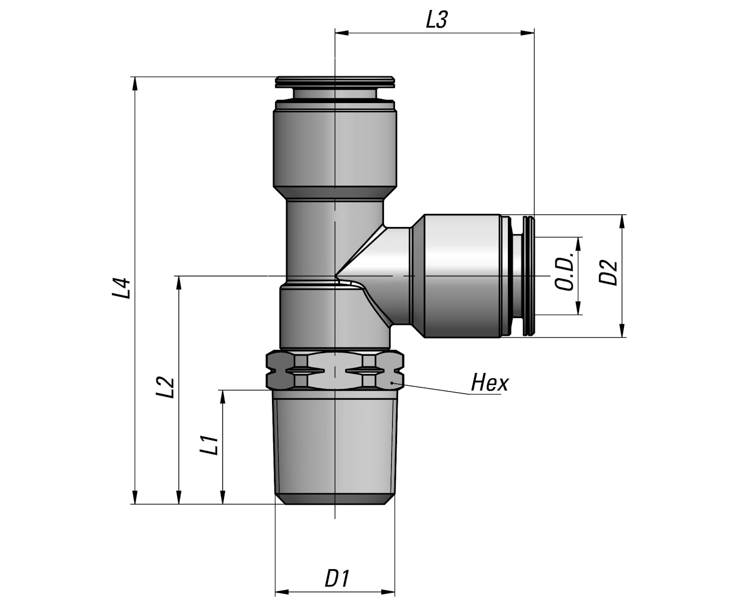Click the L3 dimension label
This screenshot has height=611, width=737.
point(437,20)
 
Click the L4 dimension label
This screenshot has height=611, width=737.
point(121,288)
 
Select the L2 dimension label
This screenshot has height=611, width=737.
point(166,387)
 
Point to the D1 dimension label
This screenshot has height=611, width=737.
point(337,579)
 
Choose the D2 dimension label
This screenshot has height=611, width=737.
point(608,273)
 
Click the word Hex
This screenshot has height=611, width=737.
point(489,383)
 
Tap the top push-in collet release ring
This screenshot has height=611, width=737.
point(335,82)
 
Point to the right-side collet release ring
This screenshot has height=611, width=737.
point(530,276)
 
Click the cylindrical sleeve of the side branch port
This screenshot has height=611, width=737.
point(460,276)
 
